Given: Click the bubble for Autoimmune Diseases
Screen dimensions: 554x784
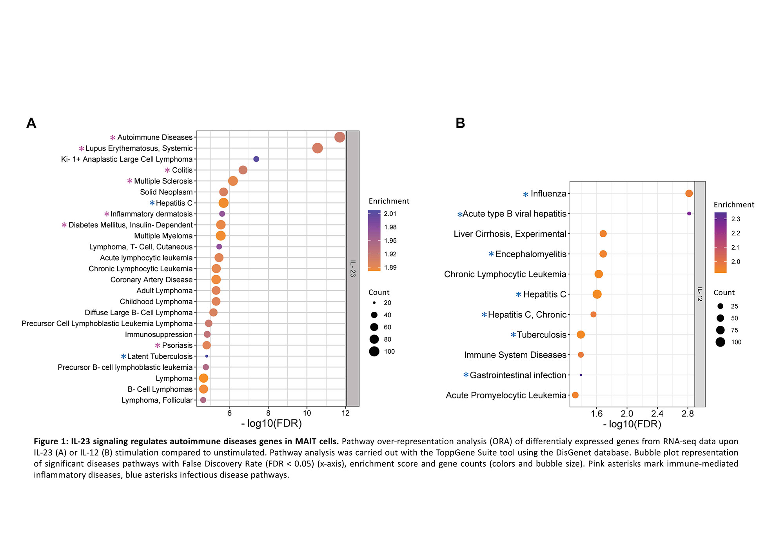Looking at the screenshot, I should (x=339, y=137).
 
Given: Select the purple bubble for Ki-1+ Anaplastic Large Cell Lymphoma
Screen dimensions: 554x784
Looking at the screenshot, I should (x=256, y=159).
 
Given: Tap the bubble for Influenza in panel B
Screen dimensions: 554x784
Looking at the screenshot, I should (x=689, y=193).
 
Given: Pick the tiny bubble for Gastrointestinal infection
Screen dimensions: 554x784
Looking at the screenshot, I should (x=581, y=375).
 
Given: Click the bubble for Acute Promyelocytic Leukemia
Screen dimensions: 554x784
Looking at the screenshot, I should (x=575, y=395).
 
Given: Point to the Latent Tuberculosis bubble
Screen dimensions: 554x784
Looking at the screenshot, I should (x=207, y=356).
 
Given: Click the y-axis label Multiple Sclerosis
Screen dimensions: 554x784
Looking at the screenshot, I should (x=163, y=181).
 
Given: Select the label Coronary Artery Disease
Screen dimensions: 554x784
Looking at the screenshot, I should (x=151, y=280).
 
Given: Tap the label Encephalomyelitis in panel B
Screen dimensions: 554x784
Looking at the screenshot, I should (x=530, y=254).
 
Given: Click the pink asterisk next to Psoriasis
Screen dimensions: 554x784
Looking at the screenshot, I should (x=158, y=345).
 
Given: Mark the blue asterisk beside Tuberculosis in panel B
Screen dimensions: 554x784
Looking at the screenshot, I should (x=513, y=335).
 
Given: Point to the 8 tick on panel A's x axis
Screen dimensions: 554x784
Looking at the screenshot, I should (x=268, y=413).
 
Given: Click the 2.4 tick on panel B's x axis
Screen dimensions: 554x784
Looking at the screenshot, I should (x=657, y=413).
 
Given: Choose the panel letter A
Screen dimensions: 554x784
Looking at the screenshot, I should (x=31, y=123).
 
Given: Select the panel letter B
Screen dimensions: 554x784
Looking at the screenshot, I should (x=460, y=123).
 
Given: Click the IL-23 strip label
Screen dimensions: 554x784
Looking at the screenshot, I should (x=353, y=269).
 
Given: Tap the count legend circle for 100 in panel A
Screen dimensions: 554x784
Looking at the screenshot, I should (x=374, y=351).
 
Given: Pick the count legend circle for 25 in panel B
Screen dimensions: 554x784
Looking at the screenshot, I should (x=720, y=306).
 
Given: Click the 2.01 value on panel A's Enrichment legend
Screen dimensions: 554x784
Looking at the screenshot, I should (x=390, y=214).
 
